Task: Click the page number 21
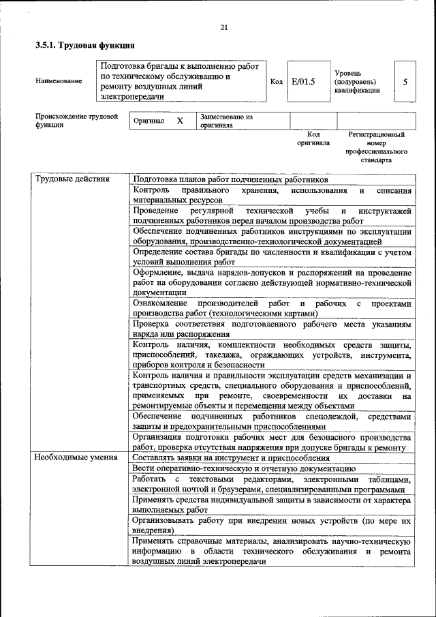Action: point(223,27)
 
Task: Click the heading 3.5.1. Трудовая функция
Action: point(84,46)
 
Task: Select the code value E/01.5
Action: point(303,82)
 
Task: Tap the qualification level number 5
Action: point(405,82)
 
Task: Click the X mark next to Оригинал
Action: point(180,121)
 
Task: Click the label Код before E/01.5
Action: point(277,82)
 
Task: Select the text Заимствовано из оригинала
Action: point(226,121)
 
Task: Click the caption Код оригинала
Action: point(313,139)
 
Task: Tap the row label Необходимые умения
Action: point(76,457)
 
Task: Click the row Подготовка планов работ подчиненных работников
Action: point(231,179)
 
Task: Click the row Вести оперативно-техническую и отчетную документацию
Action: point(244,468)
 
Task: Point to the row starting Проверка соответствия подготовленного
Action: point(272,330)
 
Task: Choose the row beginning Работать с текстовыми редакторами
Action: point(272,484)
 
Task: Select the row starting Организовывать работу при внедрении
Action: point(272,524)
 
